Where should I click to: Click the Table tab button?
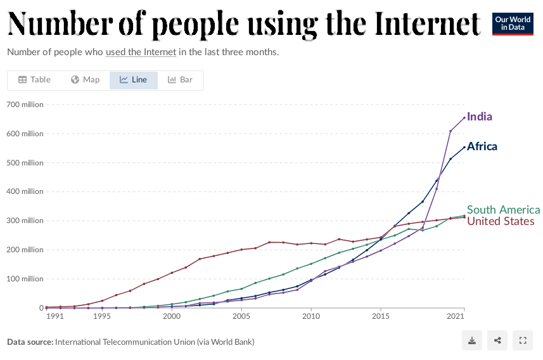tap(34, 80)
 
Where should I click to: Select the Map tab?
tap(85, 80)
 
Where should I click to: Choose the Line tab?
tap(133, 80)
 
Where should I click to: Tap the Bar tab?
tap(180, 80)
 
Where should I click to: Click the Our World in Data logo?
tap(513, 23)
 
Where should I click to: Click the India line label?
tap(479, 117)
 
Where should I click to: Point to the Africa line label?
tap(482, 146)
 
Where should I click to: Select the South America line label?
tap(503, 210)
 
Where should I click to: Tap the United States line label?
tap(501, 221)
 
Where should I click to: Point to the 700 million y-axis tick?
tap(25, 104)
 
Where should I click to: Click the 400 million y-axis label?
tap(25, 191)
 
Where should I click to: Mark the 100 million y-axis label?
tap(25, 279)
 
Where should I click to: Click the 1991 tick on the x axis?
tap(54, 316)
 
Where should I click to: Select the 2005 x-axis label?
tap(241, 316)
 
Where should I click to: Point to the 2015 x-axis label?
tap(380, 316)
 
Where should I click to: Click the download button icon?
tap(472, 341)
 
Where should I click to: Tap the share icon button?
tap(497, 341)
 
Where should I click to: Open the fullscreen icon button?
tap(523, 341)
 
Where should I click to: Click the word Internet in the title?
tap(427, 23)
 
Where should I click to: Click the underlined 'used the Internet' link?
tap(141, 52)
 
